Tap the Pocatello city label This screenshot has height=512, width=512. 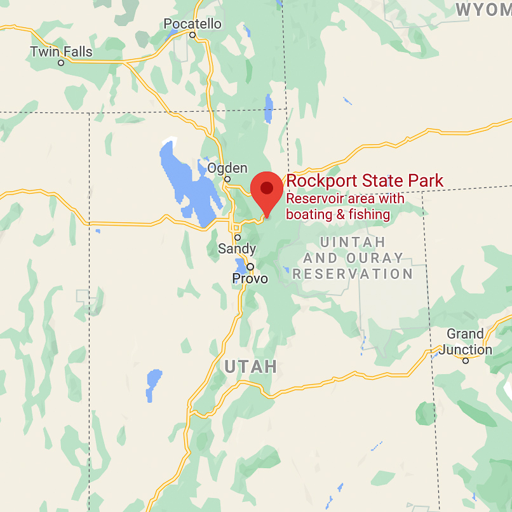click(x=192, y=24)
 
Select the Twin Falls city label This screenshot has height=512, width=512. click(x=61, y=52)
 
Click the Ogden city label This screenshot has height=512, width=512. click(x=227, y=168)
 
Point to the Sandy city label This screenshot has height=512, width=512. click(x=237, y=249)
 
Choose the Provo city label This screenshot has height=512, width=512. click(x=250, y=279)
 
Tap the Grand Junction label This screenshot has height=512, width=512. click(x=466, y=342)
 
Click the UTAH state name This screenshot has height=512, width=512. click(x=251, y=367)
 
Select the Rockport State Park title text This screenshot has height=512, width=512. click(x=365, y=181)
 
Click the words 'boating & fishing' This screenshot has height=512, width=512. click(x=338, y=215)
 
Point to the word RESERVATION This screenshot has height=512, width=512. click(x=353, y=274)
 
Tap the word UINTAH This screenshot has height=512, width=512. click(x=353, y=242)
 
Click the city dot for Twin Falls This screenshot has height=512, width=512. click(x=61, y=63)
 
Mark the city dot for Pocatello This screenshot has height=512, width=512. click(x=192, y=35)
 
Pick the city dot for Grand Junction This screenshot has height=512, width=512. click(x=466, y=361)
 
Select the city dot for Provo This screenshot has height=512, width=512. click(x=251, y=267)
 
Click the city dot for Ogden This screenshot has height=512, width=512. click(x=227, y=179)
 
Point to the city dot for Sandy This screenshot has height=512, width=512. click(x=238, y=238)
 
